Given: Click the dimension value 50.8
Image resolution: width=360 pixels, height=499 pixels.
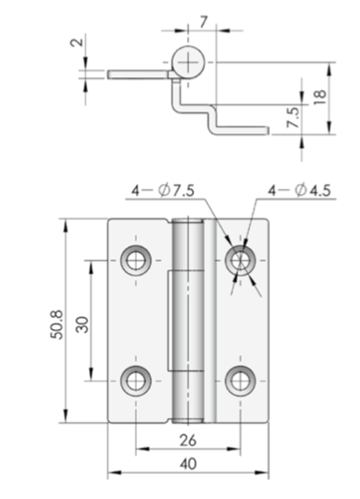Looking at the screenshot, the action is click(x=58, y=325).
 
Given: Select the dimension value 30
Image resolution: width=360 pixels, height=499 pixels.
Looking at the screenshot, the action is click(x=83, y=324).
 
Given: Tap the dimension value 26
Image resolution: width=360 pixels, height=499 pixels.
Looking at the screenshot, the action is click(x=188, y=440).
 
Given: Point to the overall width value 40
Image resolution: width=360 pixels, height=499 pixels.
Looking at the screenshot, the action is click(x=188, y=464).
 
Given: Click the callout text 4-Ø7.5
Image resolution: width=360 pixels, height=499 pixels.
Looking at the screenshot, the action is click(x=163, y=190).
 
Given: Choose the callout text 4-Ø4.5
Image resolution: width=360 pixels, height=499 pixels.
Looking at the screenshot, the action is click(x=299, y=190).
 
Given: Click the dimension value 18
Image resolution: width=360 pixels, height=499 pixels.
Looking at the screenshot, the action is click(x=321, y=94).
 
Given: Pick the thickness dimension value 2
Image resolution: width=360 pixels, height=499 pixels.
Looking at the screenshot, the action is click(x=77, y=42).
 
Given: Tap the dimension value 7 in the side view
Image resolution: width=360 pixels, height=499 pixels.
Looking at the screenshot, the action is click(x=204, y=22).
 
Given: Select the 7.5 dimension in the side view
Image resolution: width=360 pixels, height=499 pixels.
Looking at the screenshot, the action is click(x=293, y=117).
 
